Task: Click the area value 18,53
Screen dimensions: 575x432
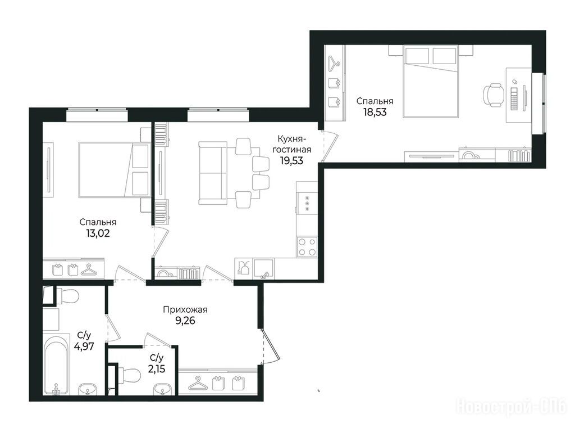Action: point(375,112)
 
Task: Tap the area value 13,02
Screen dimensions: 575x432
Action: point(98,233)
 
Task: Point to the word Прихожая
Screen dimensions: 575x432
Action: point(185,310)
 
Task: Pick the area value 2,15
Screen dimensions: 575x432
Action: point(157,368)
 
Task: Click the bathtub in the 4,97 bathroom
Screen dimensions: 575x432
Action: point(57,364)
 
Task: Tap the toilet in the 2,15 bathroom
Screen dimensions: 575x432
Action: point(129,375)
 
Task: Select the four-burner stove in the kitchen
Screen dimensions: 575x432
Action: point(307,246)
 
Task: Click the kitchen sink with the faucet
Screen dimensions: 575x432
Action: point(264,269)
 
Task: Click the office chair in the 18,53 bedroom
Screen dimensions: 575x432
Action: point(493,95)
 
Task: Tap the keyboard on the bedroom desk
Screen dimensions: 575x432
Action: point(514,98)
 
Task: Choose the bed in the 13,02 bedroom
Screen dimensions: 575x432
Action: point(115,170)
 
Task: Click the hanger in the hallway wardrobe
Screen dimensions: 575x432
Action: point(198,383)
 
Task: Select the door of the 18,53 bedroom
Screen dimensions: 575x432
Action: point(330,146)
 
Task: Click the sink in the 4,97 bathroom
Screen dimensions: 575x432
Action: point(88,389)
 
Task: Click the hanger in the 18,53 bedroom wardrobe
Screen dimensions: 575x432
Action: point(334,63)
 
